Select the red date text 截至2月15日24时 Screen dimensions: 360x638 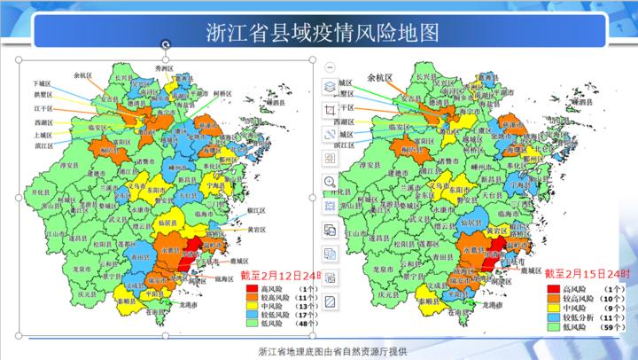click(x=586, y=275)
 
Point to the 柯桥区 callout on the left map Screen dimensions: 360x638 click(x=223, y=93)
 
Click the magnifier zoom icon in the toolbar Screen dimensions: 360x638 click(x=328, y=182)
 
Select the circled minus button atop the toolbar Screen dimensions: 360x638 click(x=328, y=67)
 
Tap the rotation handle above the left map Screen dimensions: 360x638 click(x=165, y=43)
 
